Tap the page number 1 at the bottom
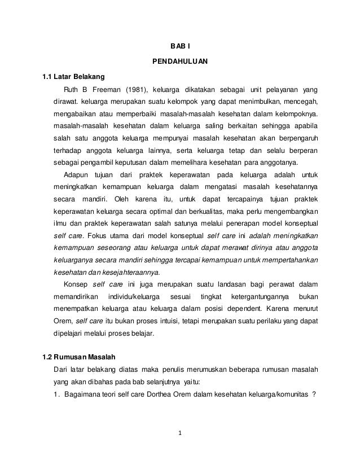[180, 434]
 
